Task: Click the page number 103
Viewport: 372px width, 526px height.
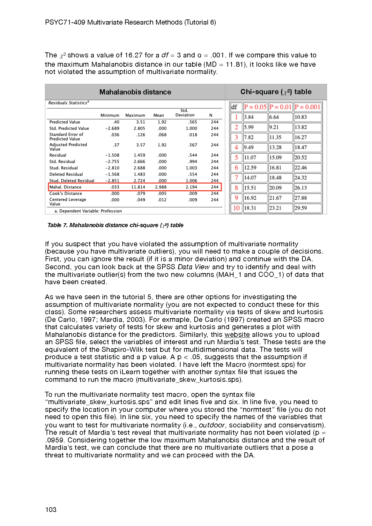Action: pos(51,510)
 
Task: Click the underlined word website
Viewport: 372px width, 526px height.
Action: pos(237,335)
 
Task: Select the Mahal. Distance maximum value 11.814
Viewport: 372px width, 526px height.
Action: pos(138,187)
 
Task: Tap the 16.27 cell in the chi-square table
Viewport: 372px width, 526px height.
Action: pos(301,137)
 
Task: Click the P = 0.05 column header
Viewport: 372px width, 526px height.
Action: pos(255,107)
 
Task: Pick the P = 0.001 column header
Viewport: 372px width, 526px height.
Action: pos(307,107)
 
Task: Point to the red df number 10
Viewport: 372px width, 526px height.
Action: pos(236,208)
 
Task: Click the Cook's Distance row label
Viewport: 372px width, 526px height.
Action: pos(66,194)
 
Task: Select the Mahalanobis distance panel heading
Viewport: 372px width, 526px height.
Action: pos(135,92)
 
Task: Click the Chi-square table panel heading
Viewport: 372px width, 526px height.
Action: pos(276,92)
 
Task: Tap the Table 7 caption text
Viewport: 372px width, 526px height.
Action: pos(115,225)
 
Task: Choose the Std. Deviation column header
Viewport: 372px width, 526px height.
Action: pos(185,113)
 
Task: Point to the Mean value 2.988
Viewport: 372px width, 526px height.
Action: pos(161,187)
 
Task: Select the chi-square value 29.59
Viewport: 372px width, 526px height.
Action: pos(301,208)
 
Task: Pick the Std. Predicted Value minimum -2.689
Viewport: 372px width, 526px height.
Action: pos(112,129)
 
